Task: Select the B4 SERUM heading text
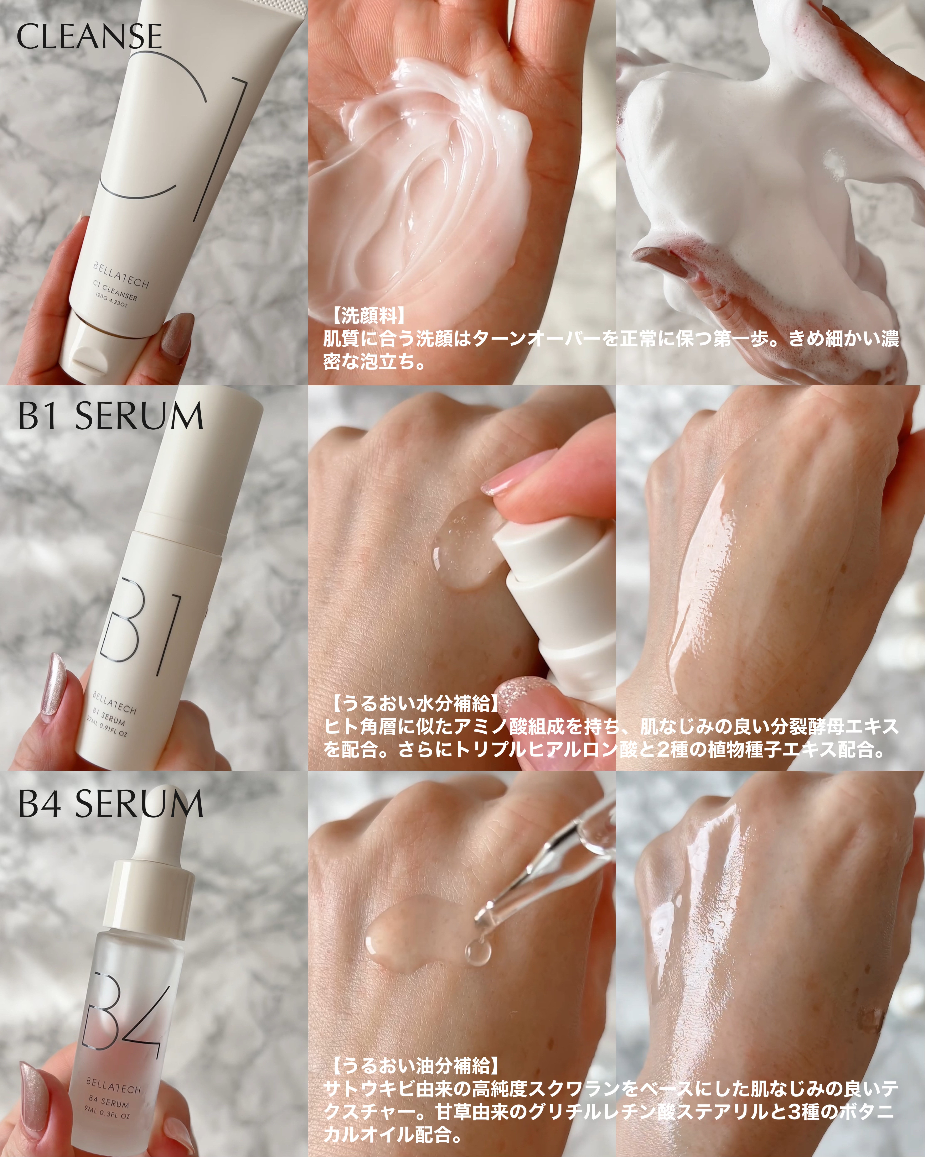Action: tap(111, 803)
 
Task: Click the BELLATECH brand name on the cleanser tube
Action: tap(121, 275)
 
